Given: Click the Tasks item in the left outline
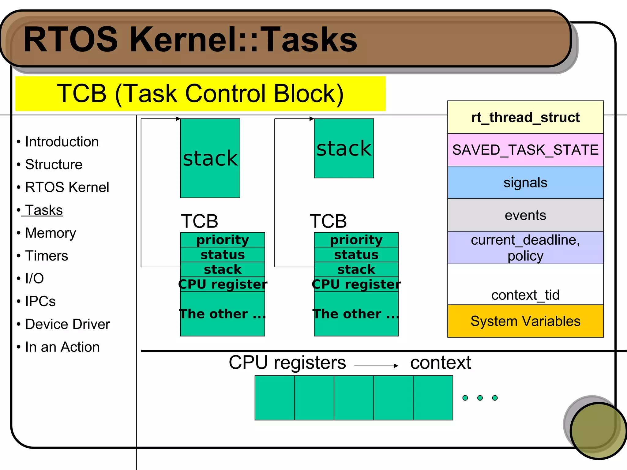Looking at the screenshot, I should [x=44, y=210].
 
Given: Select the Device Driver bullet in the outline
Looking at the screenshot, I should [x=67, y=324].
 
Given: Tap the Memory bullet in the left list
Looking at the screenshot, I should [x=51, y=233].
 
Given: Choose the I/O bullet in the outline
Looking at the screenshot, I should [x=34, y=279].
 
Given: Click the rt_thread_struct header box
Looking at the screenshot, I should [x=525, y=118].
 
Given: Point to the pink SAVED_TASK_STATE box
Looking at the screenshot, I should [x=525, y=150].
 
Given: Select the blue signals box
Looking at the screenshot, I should [x=525, y=183].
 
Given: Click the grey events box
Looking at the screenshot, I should [x=525, y=215].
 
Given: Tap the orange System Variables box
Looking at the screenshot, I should [x=525, y=321].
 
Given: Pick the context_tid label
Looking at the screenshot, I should [x=525, y=295].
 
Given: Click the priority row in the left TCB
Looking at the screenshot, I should [x=223, y=240].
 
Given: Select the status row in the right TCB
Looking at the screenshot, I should [x=356, y=255].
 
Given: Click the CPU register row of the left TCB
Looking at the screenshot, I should [x=223, y=284].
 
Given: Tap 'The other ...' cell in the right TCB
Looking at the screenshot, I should [x=356, y=314].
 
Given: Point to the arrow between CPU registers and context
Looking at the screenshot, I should [x=376, y=366].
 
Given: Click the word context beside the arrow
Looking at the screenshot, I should [x=440, y=363].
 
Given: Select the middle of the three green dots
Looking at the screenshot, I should [x=480, y=398].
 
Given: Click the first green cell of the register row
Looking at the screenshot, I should [x=275, y=398].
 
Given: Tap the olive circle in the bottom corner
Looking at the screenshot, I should [x=598, y=431].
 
